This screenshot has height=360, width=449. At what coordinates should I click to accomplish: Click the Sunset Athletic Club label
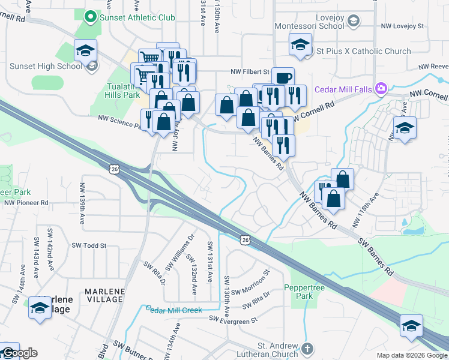point(137,17)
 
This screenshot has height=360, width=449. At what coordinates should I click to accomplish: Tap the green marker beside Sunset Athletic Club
point(91,17)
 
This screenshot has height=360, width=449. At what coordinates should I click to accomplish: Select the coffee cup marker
point(283,77)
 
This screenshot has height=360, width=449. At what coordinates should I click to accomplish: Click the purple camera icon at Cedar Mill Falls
point(381,89)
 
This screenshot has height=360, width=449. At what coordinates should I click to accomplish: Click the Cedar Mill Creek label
point(174,309)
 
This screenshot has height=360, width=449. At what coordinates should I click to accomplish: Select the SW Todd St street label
point(89,245)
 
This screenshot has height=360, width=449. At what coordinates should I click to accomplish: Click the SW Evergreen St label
point(233,320)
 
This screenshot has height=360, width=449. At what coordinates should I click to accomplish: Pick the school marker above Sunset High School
point(86,50)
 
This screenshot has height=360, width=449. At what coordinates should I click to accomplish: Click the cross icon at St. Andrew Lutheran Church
point(307,349)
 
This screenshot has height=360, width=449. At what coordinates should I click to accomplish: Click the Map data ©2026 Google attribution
point(412,355)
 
